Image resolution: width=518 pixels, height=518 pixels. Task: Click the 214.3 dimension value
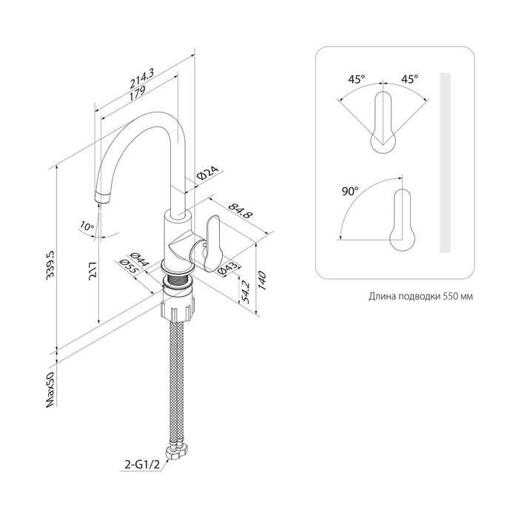(142, 79)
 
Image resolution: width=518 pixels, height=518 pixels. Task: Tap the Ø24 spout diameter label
(208, 173)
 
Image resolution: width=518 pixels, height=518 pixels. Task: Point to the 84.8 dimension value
(240, 212)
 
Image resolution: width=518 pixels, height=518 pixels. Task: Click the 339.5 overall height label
(52, 266)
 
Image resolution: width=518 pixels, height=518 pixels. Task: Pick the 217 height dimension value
(93, 272)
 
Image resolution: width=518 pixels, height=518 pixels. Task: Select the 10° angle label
(87, 226)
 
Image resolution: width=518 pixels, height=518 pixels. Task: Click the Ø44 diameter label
(140, 260)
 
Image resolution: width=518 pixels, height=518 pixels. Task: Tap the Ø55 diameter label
(129, 266)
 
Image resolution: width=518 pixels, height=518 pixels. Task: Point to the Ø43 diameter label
(227, 268)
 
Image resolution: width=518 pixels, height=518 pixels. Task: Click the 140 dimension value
(262, 280)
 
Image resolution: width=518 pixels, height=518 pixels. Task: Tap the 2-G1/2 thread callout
(142, 465)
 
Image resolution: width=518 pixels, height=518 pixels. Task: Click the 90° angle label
(350, 191)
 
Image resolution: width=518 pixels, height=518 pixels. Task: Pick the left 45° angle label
(357, 79)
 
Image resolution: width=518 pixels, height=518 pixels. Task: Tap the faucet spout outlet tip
(101, 199)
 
